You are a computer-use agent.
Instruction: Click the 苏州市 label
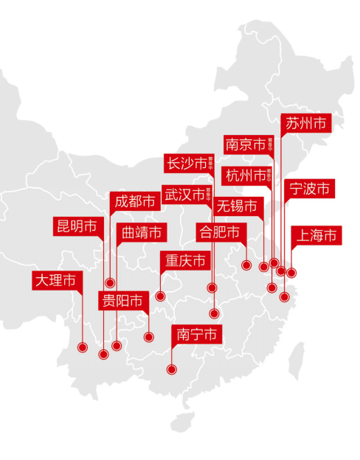[305, 123]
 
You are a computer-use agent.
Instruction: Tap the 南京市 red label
[246, 145]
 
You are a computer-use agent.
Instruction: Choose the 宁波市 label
[310, 189]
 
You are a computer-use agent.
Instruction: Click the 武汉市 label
[184, 195]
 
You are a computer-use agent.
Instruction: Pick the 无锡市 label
[238, 206]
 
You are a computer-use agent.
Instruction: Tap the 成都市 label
[134, 201]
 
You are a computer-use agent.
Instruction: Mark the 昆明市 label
[77, 226]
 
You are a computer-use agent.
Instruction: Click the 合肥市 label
[220, 233]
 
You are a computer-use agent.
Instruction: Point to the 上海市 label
[316, 236]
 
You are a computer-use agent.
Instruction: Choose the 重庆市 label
[184, 261]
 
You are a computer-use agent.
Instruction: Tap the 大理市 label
[55, 280]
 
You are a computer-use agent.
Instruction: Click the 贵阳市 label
[123, 300]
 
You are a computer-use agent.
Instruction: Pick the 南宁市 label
[197, 334]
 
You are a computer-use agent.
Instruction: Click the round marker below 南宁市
[172, 369]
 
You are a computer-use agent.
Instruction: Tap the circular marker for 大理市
[82, 346]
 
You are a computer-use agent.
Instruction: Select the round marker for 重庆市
[160, 296]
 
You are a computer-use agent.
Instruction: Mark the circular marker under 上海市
[291, 273]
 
